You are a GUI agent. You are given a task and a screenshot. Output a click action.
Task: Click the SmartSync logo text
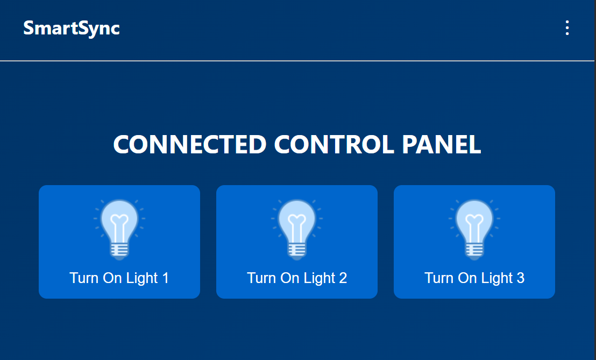(72, 29)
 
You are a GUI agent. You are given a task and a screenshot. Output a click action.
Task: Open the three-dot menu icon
(567, 28)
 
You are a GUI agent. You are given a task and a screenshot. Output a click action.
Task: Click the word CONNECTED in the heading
(190, 144)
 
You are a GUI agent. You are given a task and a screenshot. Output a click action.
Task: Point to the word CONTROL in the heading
(334, 144)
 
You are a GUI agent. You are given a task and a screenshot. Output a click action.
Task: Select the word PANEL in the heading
(442, 144)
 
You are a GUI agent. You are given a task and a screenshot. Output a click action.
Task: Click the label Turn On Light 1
(119, 278)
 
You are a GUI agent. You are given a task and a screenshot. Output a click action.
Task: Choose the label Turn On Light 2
(297, 278)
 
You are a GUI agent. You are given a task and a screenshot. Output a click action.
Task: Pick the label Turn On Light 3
(474, 278)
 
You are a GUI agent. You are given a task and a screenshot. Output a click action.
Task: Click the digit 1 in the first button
(165, 278)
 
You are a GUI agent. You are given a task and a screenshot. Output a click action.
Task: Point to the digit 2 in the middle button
(343, 278)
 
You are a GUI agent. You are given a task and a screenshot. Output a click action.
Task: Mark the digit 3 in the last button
(520, 278)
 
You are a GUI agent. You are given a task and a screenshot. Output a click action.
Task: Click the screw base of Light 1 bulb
(119, 251)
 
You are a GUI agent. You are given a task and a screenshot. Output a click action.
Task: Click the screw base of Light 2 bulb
(297, 251)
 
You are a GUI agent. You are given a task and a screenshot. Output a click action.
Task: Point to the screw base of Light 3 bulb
(474, 251)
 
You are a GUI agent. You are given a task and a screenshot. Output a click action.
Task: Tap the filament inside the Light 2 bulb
(297, 229)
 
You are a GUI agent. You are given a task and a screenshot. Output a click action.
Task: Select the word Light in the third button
(497, 278)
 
